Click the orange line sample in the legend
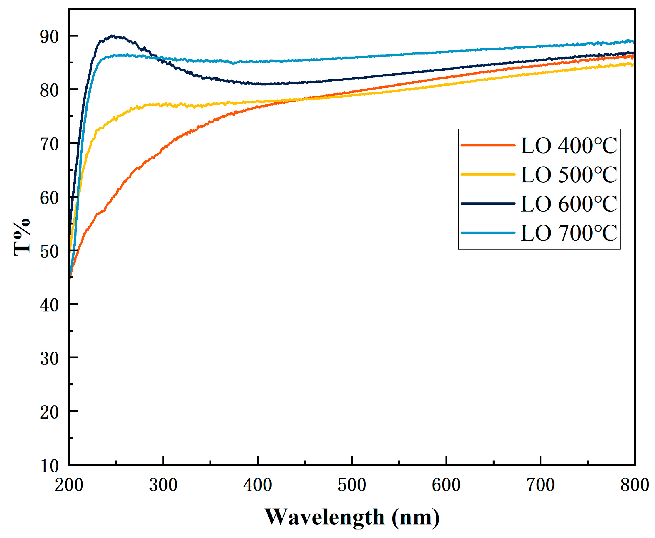pos(488,145)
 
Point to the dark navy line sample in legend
pos(488,204)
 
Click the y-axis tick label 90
pos(49,37)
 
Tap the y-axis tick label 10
pos(49,466)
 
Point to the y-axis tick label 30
pos(49,359)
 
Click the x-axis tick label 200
pos(69,485)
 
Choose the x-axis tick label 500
pos(352,485)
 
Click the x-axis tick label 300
pos(163,485)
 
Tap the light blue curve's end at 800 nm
pos(633,42)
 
